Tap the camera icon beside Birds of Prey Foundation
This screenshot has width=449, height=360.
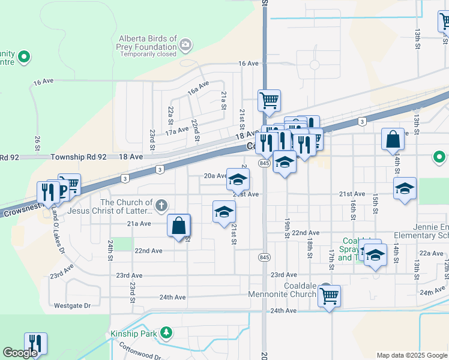coord(185,44)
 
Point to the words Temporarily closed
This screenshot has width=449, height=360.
coord(148,54)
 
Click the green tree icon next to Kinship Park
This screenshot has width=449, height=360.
coord(166,332)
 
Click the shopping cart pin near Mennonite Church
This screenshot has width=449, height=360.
coord(329,295)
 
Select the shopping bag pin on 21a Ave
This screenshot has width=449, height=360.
coord(179,226)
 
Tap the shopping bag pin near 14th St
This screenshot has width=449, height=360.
coord(393,139)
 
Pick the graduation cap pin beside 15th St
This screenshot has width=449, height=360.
coord(405,188)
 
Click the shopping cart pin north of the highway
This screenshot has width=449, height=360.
coord(269,100)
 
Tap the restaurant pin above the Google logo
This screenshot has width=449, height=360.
coord(36,343)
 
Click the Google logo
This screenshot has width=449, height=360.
coord(20,353)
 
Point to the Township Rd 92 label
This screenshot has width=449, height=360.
coord(78,157)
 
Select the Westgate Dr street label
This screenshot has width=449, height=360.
coord(72,305)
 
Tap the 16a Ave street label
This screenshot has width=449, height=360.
coord(197,88)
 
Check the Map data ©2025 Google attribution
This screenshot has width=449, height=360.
coord(411,355)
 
